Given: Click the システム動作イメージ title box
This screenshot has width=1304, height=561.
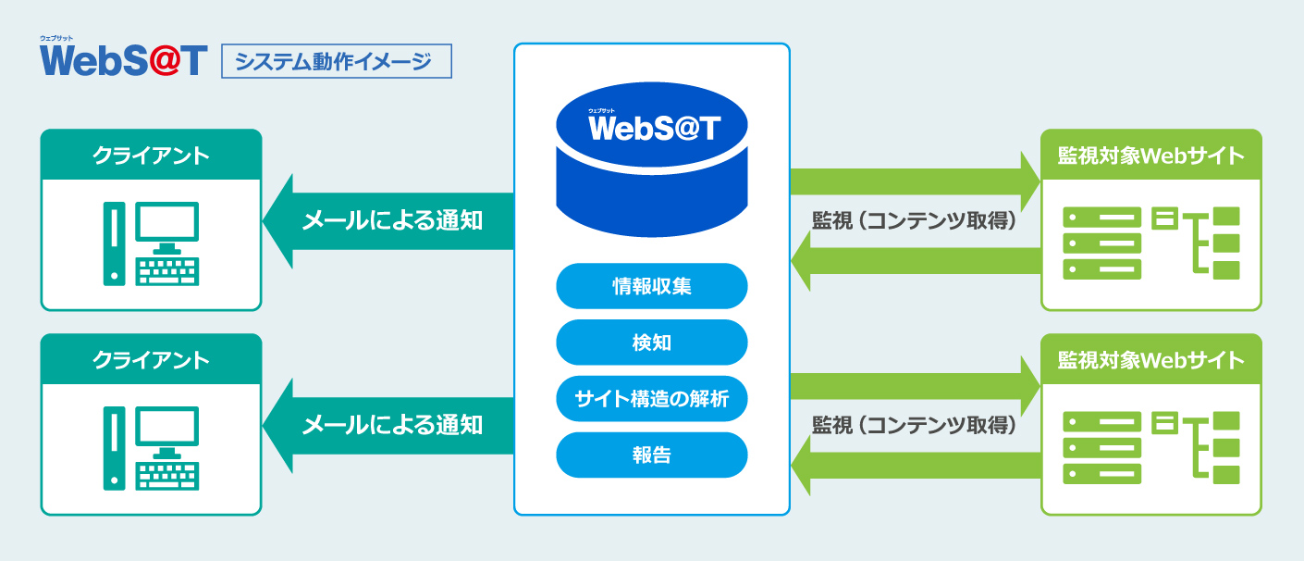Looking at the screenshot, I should (337, 62).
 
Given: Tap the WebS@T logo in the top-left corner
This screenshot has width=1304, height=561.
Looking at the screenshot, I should (123, 59).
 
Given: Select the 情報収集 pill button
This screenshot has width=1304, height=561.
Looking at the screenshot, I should (651, 286).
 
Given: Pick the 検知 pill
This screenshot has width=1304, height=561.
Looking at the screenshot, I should (651, 343).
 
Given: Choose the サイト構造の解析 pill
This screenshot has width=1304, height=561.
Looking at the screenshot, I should (651, 399).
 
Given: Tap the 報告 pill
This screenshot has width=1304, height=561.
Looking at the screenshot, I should (651, 455).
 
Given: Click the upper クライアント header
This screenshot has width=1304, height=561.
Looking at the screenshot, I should (151, 156).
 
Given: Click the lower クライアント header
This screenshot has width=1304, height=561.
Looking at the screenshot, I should (151, 360).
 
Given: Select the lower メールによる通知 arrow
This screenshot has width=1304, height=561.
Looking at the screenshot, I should (388, 426).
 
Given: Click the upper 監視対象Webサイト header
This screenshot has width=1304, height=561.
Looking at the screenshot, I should (1150, 156).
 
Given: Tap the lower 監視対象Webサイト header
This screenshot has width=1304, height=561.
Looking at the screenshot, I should (1150, 360).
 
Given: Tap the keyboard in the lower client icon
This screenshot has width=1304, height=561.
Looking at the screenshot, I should (167, 474).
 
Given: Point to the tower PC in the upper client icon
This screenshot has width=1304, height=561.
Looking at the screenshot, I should (112, 243).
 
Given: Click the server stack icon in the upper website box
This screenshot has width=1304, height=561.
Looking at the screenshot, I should (1101, 243).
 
